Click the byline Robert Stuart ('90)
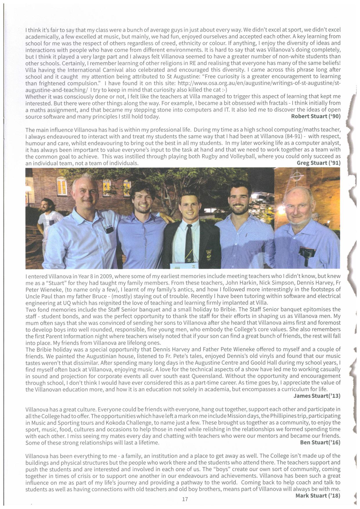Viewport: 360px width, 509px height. coord(315,116)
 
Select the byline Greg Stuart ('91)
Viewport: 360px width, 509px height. coord(318,163)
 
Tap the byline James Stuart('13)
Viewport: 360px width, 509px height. coord(317,396)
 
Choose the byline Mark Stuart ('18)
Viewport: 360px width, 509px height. coord(318,495)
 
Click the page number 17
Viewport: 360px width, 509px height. coord(185,499)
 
